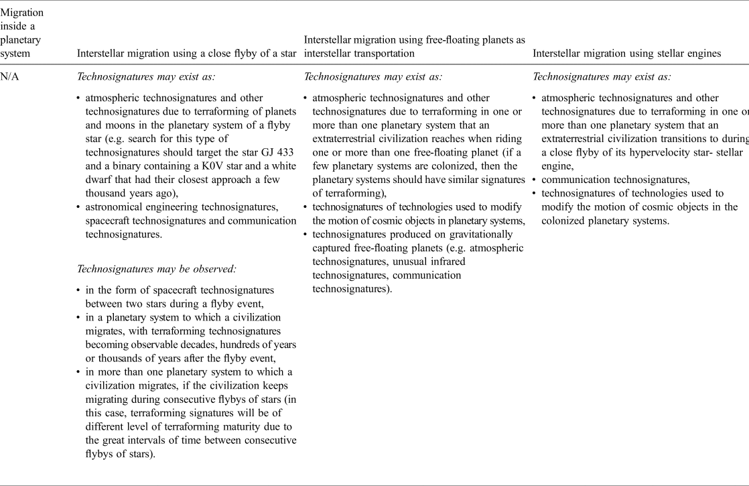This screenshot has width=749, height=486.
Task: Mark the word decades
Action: click(200, 343)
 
